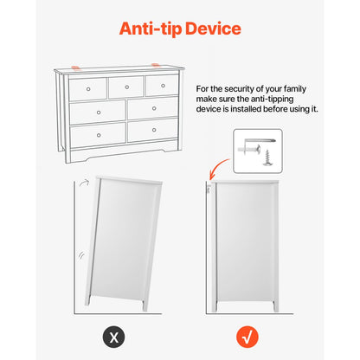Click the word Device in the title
coord(213,29)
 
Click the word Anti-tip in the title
coord(151,29)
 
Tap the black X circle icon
coord(114,337)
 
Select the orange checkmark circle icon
coord(247,337)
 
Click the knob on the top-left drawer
coord(88,89)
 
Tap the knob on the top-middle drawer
coord(127,87)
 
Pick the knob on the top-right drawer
coord(163,86)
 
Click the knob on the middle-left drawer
coord(99,112)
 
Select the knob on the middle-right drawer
coord(154,108)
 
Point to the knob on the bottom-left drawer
coord(99,135)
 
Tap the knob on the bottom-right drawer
coord(154,130)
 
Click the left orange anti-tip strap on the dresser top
coord(75,67)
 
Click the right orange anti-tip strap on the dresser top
coord(156,65)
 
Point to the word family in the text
coord(295,89)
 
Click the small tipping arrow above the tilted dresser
coord(84,183)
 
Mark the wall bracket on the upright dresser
coord(209,189)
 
